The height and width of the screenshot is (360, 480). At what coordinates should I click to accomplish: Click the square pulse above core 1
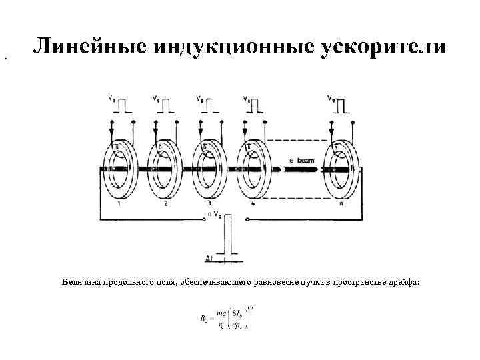pos(125,105)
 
